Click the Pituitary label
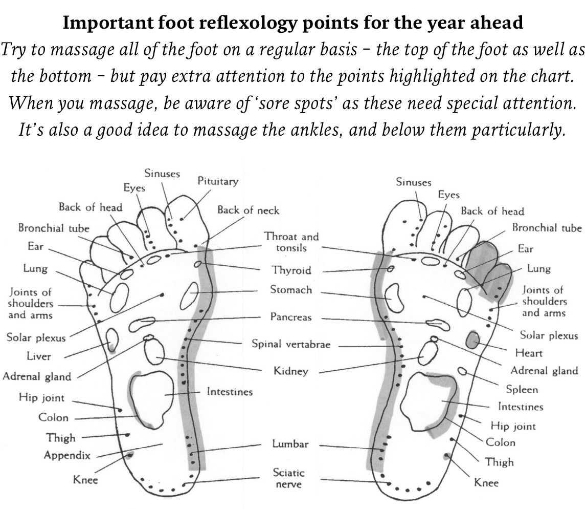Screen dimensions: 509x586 pos(218,181)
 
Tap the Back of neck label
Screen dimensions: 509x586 pos(248,210)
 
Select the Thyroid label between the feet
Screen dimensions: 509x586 pos(291,270)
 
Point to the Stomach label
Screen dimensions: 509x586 pos(291,290)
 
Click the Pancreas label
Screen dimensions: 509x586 pos(291,317)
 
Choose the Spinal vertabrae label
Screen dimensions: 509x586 pos(291,344)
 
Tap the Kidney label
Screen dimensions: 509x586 pos(291,370)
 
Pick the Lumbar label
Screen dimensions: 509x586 pos(290,444)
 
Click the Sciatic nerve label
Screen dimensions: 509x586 pos(288,478)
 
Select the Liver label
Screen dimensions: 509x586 pos(39,356)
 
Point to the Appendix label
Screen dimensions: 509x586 pos(67,455)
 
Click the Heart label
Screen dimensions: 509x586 pos(529,353)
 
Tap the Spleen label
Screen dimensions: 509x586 pos(522,389)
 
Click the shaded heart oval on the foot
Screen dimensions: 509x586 pos(474,338)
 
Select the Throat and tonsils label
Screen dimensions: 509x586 pos(291,242)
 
